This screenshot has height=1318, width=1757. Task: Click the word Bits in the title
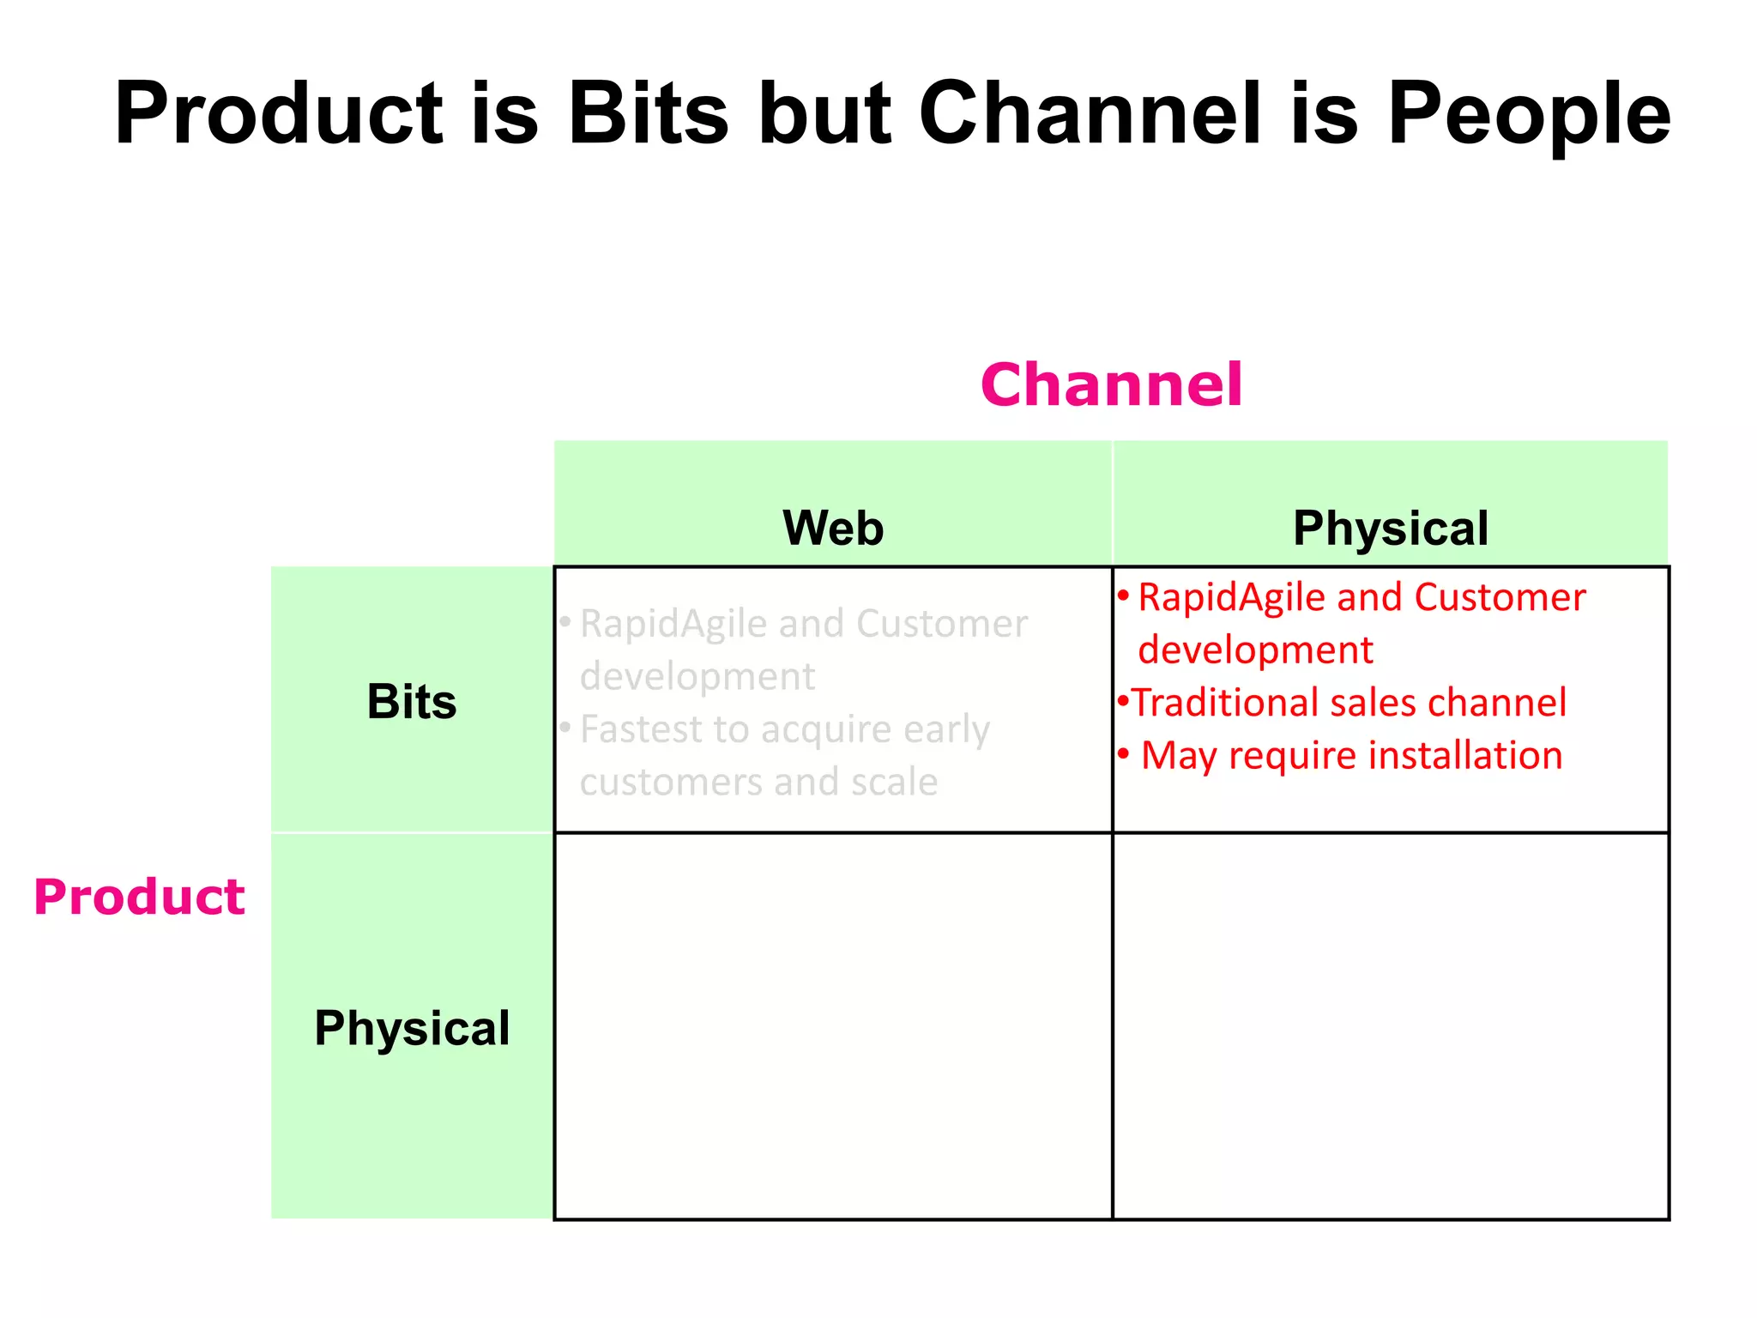click(648, 114)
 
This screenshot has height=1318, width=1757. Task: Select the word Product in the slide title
click(278, 114)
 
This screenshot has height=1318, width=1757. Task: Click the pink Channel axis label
click(1111, 384)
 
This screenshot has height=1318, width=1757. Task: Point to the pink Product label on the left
click(139, 898)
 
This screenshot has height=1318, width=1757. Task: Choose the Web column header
click(833, 528)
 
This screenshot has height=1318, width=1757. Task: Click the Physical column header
click(1390, 528)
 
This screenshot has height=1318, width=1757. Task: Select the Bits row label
click(412, 702)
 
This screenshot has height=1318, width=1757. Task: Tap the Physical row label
click(412, 1028)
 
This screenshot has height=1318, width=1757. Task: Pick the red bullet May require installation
click(1351, 756)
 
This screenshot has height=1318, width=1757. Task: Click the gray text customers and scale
click(758, 783)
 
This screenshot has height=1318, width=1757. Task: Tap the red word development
click(1255, 650)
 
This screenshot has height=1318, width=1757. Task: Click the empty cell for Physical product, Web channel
click(833, 1026)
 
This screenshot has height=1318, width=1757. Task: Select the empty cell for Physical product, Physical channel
click(1390, 1026)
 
